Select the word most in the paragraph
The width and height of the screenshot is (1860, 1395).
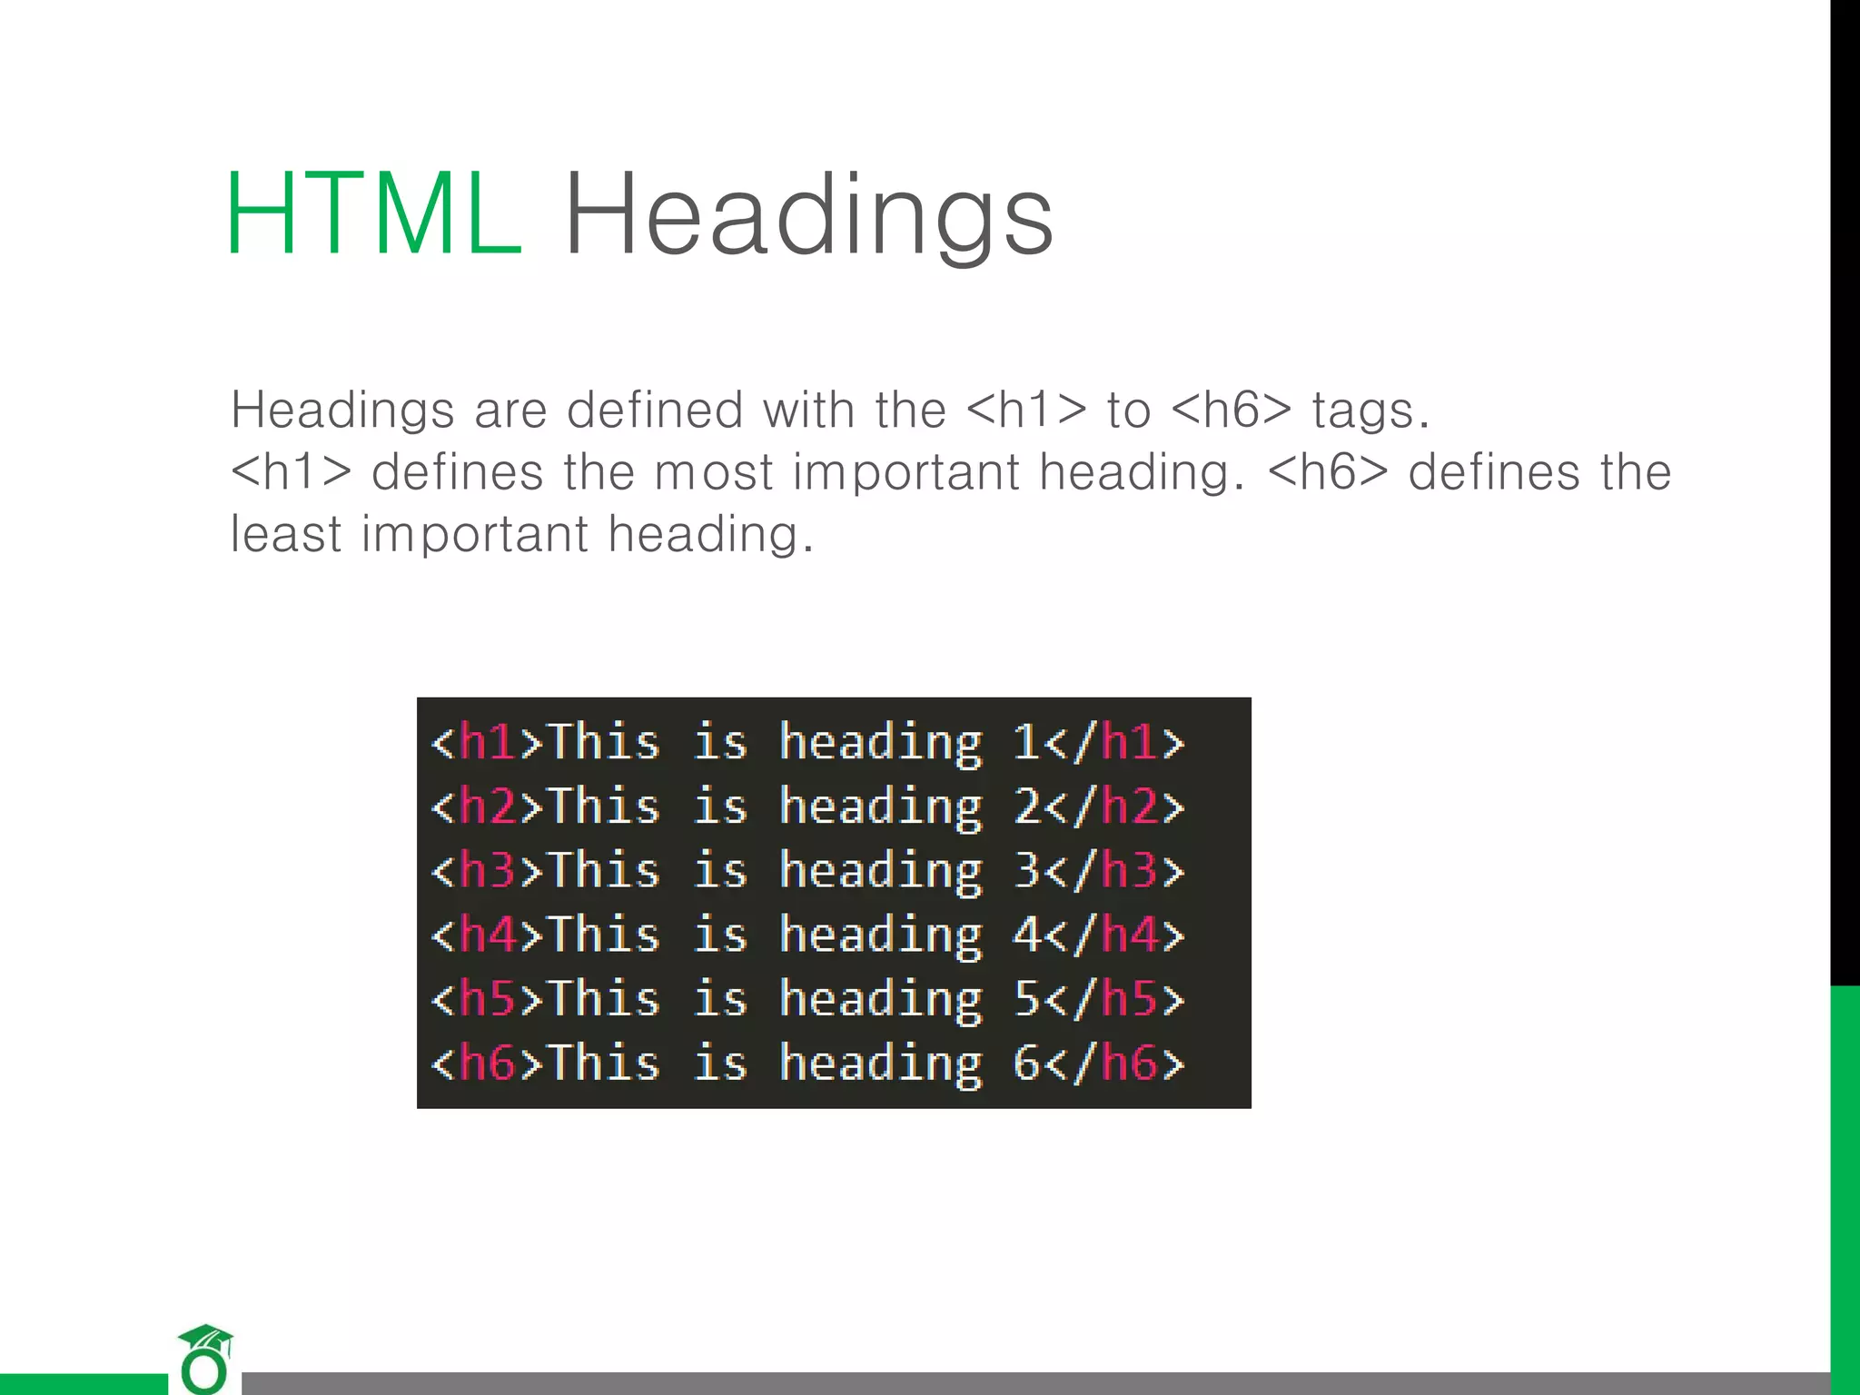(x=714, y=472)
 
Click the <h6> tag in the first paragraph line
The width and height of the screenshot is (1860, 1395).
(x=1231, y=410)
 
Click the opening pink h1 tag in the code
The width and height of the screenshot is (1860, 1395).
(x=488, y=742)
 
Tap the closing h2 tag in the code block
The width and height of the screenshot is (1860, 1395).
(x=1129, y=806)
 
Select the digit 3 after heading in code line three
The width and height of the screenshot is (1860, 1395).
(x=1026, y=870)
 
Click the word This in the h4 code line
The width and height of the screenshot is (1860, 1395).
(x=605, y=935)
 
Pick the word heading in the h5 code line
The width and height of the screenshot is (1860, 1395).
(x=881, y=1000)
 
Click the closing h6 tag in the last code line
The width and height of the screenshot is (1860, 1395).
(x=1129, y=1064)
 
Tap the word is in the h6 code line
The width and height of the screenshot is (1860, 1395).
(x=721, y=1064)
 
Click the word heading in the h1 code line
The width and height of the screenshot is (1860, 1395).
(x=881, y=743)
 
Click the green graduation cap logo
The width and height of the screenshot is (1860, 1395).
(x=206, y=1357)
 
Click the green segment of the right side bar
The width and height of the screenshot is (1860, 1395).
(x=1845, y=1181)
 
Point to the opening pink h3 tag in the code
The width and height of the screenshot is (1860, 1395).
(x=488, y=870)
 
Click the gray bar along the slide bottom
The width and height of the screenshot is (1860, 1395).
(x=999, y=1383)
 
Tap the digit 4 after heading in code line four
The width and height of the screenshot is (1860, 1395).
(x=1026, y=935)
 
